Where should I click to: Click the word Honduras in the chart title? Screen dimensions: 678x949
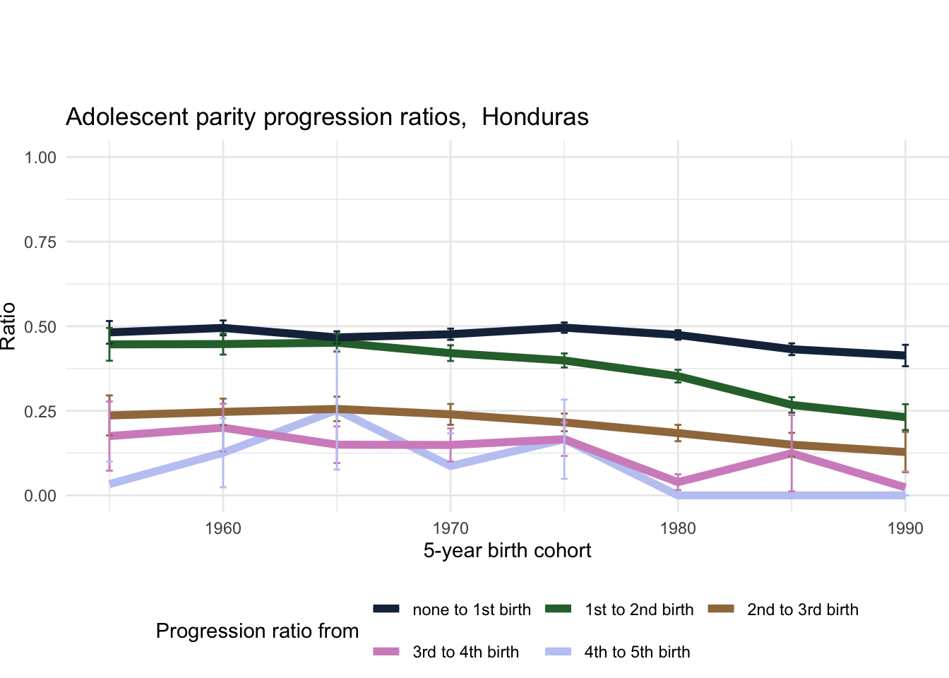tap(535, 117)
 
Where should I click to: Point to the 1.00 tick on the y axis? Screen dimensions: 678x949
tap(40, 157)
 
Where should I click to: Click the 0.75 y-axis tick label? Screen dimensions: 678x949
tap(40, 242)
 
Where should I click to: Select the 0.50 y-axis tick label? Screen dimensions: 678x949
tap(40, 327)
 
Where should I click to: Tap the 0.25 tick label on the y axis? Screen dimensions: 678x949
tap(40, 411)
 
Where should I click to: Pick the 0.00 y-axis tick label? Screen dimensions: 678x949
tap(40, 496)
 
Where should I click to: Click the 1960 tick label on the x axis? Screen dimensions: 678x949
tap(223, 528)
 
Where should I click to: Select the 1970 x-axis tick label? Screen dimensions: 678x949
tap(450, 528)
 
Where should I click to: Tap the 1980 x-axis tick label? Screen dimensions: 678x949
tap(678, 528)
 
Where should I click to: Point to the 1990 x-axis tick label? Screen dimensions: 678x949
tap(905, 528)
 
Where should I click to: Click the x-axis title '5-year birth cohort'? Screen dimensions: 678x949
tap(507, 551)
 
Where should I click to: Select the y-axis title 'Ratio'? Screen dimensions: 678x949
tap(8, 326)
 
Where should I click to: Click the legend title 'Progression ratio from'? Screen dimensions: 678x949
tap(257, 631)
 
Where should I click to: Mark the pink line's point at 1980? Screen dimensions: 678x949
tap(678, 482)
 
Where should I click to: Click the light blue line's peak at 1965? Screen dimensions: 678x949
tap(337, 411)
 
